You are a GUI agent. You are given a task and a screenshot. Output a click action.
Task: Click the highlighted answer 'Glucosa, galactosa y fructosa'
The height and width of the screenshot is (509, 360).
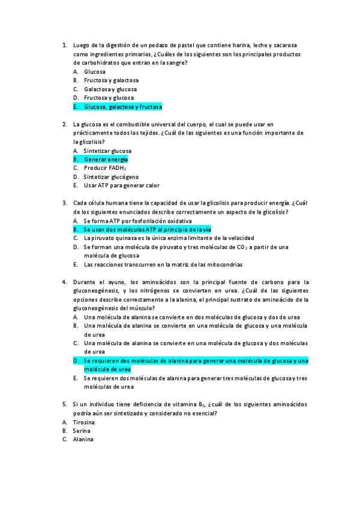pyautogui.click(x=123, y=107)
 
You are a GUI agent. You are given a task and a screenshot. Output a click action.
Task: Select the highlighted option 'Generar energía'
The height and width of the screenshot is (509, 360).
pyautogui.click(x=106, y=160)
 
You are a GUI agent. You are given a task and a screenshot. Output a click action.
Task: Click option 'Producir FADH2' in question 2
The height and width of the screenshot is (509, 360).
pyautogui.click(x=105, y=169)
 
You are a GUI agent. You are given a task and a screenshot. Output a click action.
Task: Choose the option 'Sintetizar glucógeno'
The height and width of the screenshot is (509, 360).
pyautogui.click(x=111, y=177)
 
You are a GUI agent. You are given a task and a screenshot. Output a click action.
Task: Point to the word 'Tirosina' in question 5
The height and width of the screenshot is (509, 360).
pyautogui.click(x=83, y=422)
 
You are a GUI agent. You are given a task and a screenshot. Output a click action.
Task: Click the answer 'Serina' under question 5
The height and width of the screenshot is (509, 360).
pyautogui.click(x=81, y=431)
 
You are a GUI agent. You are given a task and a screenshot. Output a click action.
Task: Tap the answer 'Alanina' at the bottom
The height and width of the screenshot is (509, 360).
pyautogui.click(x=83, y=439)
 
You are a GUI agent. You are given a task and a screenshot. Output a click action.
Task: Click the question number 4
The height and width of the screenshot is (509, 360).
pyautogui.click(x=64, y=282)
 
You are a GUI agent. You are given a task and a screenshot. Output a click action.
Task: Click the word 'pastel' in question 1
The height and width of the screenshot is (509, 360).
pyautogui.click(x=180, y=46)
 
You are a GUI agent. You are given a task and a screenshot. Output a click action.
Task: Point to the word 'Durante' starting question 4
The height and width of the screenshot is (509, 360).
pyautogui.click(x=84, y=282)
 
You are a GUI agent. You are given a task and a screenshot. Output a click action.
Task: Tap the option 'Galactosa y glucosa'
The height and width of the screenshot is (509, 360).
pyautogui.click(x=110, y=89)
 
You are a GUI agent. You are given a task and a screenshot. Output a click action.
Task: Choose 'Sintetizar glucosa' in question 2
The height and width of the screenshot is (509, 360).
pyautogui.click(x=107, y=151)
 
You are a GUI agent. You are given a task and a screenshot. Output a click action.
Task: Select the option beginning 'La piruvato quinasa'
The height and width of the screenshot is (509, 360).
pyautogui.click(x=169, y=238)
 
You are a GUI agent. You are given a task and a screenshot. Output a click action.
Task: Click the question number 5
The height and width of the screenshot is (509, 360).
pyautogui.click(x=64, y=405)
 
